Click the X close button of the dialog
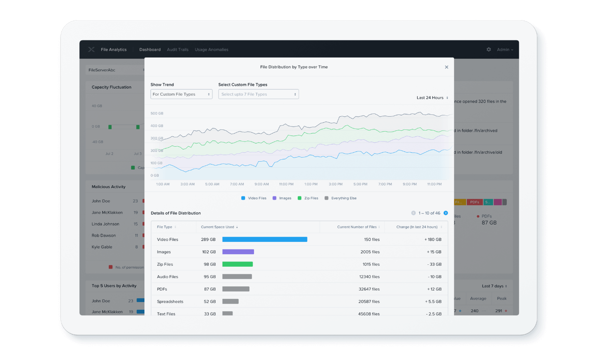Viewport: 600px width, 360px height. pyautogui.click(x=446, y=67)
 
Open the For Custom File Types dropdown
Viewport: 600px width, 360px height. pyautogui.click(x=181, y=94)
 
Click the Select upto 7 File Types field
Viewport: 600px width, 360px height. pyautogui.click(x=258, y=94)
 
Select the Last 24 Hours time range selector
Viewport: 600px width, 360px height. pyautogui.click(x=432, y=98)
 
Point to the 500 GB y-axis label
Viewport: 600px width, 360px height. pyautogui.click(x=157, y=113)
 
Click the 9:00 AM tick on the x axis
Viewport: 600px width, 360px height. pyautogui.click(x=261, y=184)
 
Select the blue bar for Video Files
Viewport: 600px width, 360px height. pyautogui.click(x=264, y=240)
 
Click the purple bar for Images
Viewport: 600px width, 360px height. pyautogui.click(x=238, y=252)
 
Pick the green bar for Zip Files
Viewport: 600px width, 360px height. pyautogui.click(x=237, y=264)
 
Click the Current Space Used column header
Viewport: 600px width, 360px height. pyautogui.click(x=219, y=227)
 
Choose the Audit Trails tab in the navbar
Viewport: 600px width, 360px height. pyautogui.click(x=178, y=50)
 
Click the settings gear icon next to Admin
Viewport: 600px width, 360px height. pyautogui.click(x=489, y=50)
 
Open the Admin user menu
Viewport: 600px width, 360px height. pyautogui.click(x=505, y=50)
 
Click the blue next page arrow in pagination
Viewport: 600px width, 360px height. pyautogui.click(x=446, y=213)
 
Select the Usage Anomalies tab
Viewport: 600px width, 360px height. pyautogui.click(x=211, y=50)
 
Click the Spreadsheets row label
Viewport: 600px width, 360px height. pyautogui.click(x=170, y=301)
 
